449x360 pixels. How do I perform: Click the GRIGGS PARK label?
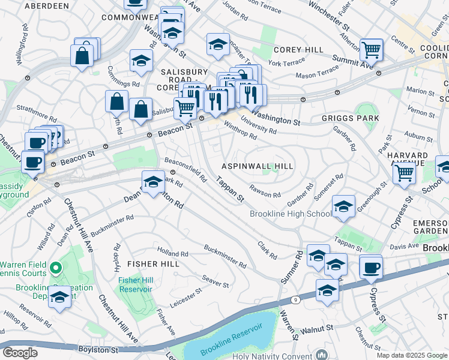coord(351,118)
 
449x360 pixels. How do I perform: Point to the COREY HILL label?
coord(298,50)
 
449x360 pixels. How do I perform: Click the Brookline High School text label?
coord(291,214)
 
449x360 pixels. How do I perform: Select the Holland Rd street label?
coord(172,253)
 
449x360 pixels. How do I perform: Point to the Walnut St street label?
coord(317,329)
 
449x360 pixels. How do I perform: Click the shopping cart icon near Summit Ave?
coord(372,49)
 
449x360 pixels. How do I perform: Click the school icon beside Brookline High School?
coord(343,206)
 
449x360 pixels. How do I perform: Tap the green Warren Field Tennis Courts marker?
coord(55,268)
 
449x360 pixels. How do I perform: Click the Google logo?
coord(20,352)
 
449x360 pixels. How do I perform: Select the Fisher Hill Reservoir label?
coord(136,284)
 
